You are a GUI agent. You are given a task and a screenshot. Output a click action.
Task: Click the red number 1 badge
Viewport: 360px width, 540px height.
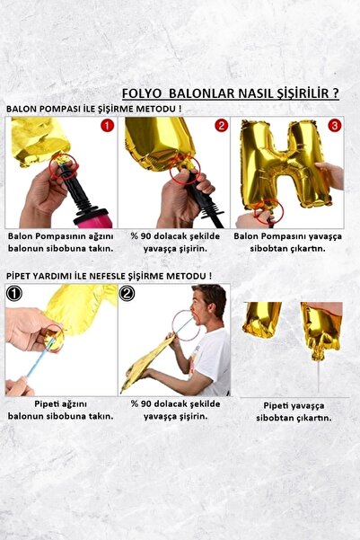tap(107, 126)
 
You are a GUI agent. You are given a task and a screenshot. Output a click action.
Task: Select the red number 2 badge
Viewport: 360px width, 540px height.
tap(221, 126)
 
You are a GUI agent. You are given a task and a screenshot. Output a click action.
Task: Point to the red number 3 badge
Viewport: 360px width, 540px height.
tap(334, 126)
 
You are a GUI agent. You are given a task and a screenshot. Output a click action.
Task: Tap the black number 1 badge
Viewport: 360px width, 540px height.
tap(13, 293)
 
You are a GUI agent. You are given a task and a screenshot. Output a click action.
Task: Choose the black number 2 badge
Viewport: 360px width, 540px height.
tap(127, 293)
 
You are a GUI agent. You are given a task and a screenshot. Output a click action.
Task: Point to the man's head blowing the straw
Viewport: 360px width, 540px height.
tap(210, 304)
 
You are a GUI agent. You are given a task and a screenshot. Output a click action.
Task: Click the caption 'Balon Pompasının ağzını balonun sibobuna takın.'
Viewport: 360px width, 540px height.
tap(59, 242)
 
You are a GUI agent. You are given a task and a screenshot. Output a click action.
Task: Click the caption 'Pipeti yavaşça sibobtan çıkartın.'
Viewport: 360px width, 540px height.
tap(297, 412)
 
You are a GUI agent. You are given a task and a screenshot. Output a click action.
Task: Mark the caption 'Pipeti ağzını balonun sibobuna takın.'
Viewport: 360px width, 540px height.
tap(59, 410)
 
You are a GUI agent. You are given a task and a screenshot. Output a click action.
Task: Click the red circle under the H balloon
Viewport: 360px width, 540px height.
tap(268, 213)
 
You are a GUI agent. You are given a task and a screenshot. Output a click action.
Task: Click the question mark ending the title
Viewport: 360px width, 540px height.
tap(335, 93)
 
